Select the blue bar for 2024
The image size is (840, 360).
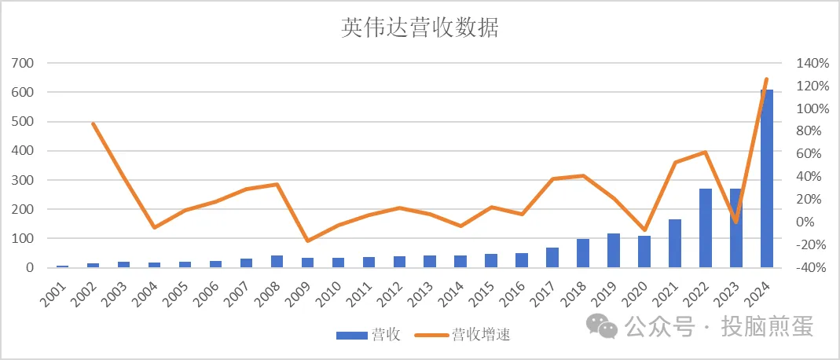[767, 179]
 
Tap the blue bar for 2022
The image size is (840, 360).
[706, 228]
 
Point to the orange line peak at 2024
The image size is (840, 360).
[767, 79]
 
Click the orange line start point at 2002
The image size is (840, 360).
[93, 123]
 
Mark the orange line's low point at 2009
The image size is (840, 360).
[307, 241]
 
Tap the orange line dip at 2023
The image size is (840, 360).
[736, 222]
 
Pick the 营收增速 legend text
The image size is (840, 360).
[481, 336]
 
